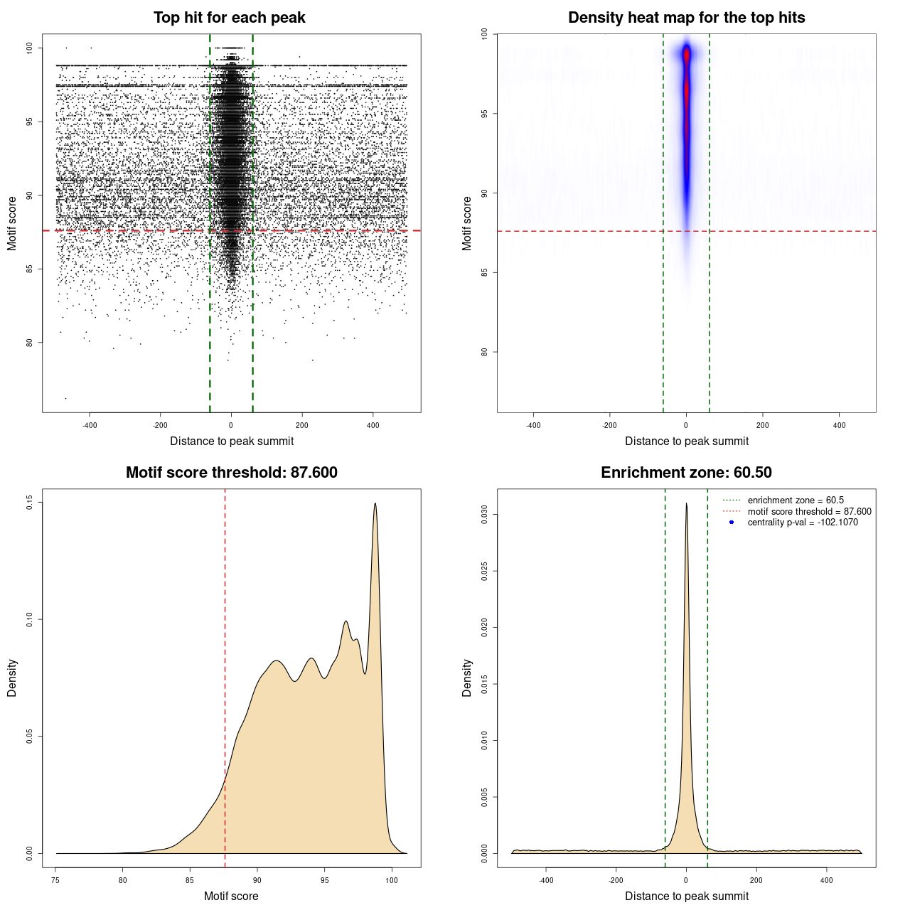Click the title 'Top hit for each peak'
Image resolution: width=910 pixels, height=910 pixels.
click(229, 18)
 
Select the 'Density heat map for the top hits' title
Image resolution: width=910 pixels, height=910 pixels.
click(686, 18)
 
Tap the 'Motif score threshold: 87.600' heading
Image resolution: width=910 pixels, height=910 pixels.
click(231, 473)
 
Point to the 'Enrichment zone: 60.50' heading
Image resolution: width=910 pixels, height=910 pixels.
click(686, 473)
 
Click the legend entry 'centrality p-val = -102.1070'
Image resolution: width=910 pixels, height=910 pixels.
click(803, 523)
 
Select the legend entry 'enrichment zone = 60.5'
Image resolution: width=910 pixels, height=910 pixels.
click(796, 500)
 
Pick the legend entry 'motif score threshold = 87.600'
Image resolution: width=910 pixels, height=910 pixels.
click(809, 512)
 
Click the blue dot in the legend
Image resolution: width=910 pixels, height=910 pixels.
click(732, 523)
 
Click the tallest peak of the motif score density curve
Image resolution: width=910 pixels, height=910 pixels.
click(375, 504)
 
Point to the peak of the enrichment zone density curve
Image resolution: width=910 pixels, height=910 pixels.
click(686, 504)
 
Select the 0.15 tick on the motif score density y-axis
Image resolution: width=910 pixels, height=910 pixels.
click(29, 503)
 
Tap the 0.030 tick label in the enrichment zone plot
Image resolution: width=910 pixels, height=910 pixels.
click(484, 514)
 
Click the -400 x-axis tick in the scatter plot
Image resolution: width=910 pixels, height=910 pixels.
click(90, 425)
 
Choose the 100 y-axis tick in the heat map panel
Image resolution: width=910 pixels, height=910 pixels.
click(484, 34)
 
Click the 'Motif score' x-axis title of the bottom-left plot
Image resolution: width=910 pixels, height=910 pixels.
click(231, 896)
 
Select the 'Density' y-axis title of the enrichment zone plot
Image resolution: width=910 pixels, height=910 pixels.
click(467, 678)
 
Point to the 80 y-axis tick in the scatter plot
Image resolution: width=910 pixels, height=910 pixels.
click(29, 343)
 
